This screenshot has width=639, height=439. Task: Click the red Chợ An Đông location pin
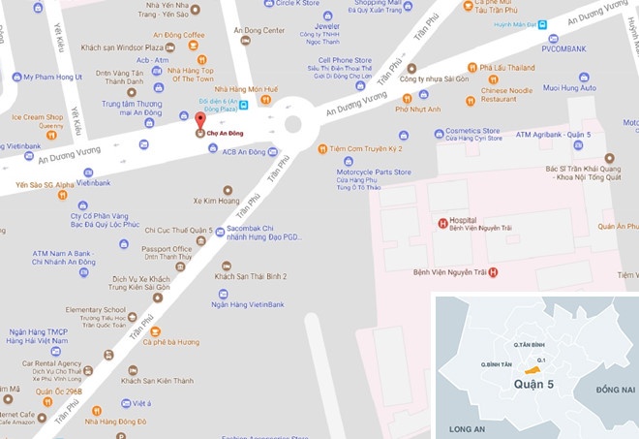coord(199,119)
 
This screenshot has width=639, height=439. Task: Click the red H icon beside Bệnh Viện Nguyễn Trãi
coord(493,272)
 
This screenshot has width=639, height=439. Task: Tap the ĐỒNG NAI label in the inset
coord(614,389)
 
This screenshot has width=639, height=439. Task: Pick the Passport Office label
coord(167,249)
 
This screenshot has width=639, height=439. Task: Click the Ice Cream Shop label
coord(37,117)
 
